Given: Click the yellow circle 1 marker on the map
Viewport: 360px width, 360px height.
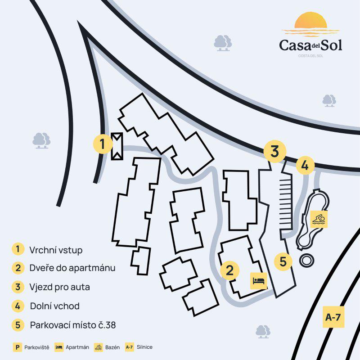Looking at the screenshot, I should point(103,144).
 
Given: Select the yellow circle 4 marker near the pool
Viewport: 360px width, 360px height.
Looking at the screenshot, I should point(305,165).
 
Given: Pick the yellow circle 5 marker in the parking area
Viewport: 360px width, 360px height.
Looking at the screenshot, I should point(283,261).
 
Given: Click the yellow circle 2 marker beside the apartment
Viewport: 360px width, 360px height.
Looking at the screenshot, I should point(230,270).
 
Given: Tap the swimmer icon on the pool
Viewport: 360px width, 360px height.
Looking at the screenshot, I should point(319,220).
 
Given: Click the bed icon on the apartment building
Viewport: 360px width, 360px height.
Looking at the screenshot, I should point(259,281).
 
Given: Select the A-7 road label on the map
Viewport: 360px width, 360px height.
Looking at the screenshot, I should point(333,317).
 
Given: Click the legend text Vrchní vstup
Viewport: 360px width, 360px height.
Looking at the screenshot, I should point(56,250).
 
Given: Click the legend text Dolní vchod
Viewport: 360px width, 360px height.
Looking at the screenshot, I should point(54,306).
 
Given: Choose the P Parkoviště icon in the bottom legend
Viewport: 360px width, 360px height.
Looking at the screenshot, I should point(18,347).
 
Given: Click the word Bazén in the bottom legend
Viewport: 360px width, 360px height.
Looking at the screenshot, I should point(113,347).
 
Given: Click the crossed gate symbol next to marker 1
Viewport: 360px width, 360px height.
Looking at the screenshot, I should point(117,146).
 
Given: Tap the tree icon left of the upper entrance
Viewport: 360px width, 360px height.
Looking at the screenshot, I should point(41,140).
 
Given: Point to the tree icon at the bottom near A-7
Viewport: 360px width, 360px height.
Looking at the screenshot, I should point(263,331).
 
